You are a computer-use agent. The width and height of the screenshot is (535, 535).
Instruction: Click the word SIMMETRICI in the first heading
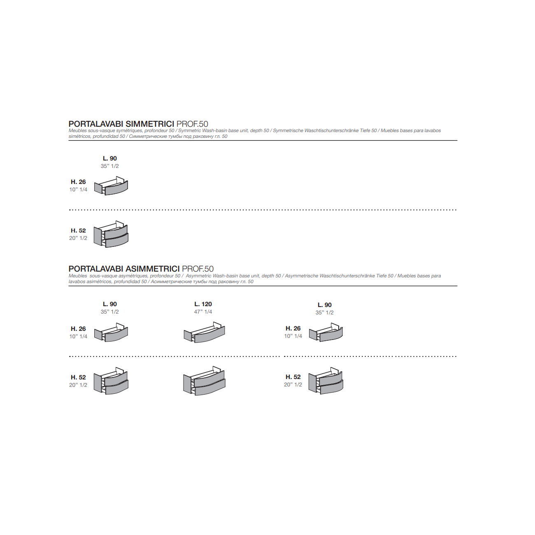150,124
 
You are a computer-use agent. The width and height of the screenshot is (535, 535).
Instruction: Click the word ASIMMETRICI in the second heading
152,269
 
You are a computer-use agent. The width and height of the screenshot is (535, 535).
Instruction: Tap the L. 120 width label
203,304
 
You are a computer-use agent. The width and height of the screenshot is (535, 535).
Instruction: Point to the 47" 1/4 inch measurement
203,312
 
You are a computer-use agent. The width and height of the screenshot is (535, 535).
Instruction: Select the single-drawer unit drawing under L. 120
205,333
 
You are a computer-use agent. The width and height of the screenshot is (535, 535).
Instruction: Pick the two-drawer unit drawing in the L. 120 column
205,381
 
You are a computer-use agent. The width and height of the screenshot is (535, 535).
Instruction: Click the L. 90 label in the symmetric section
109,158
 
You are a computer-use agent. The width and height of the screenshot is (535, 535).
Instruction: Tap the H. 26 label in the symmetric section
78,182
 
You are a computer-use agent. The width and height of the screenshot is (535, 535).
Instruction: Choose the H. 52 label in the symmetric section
78,230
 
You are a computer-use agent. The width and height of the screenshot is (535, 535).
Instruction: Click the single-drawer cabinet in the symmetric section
111,186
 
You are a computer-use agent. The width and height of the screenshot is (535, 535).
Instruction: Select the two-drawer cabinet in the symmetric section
111,234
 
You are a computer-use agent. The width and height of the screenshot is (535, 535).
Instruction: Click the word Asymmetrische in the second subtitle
302,276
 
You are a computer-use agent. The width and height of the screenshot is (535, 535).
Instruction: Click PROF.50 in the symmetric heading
192,124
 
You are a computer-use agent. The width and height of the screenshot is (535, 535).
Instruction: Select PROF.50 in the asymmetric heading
198,269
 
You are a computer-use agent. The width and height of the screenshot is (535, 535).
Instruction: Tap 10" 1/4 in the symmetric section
78,190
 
